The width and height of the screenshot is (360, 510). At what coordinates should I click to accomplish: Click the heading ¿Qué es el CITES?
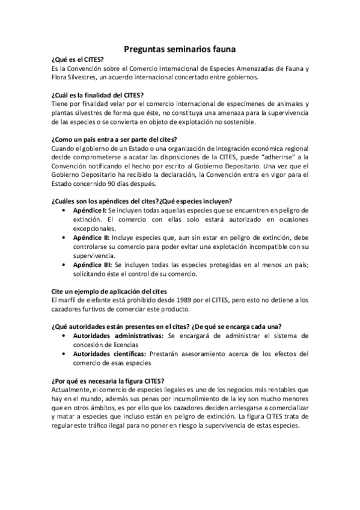pos(78,60)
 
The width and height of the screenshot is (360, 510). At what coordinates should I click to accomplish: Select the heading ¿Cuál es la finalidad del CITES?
pos(97,95)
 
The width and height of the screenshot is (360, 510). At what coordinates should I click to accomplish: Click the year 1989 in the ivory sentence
pos(163,300)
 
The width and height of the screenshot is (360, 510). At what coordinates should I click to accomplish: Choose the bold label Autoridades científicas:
pos(111,353)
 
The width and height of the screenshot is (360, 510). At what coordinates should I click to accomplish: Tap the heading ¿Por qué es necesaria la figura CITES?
pos(108,380)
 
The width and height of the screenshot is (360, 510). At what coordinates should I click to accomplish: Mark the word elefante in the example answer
pos(97,300)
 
